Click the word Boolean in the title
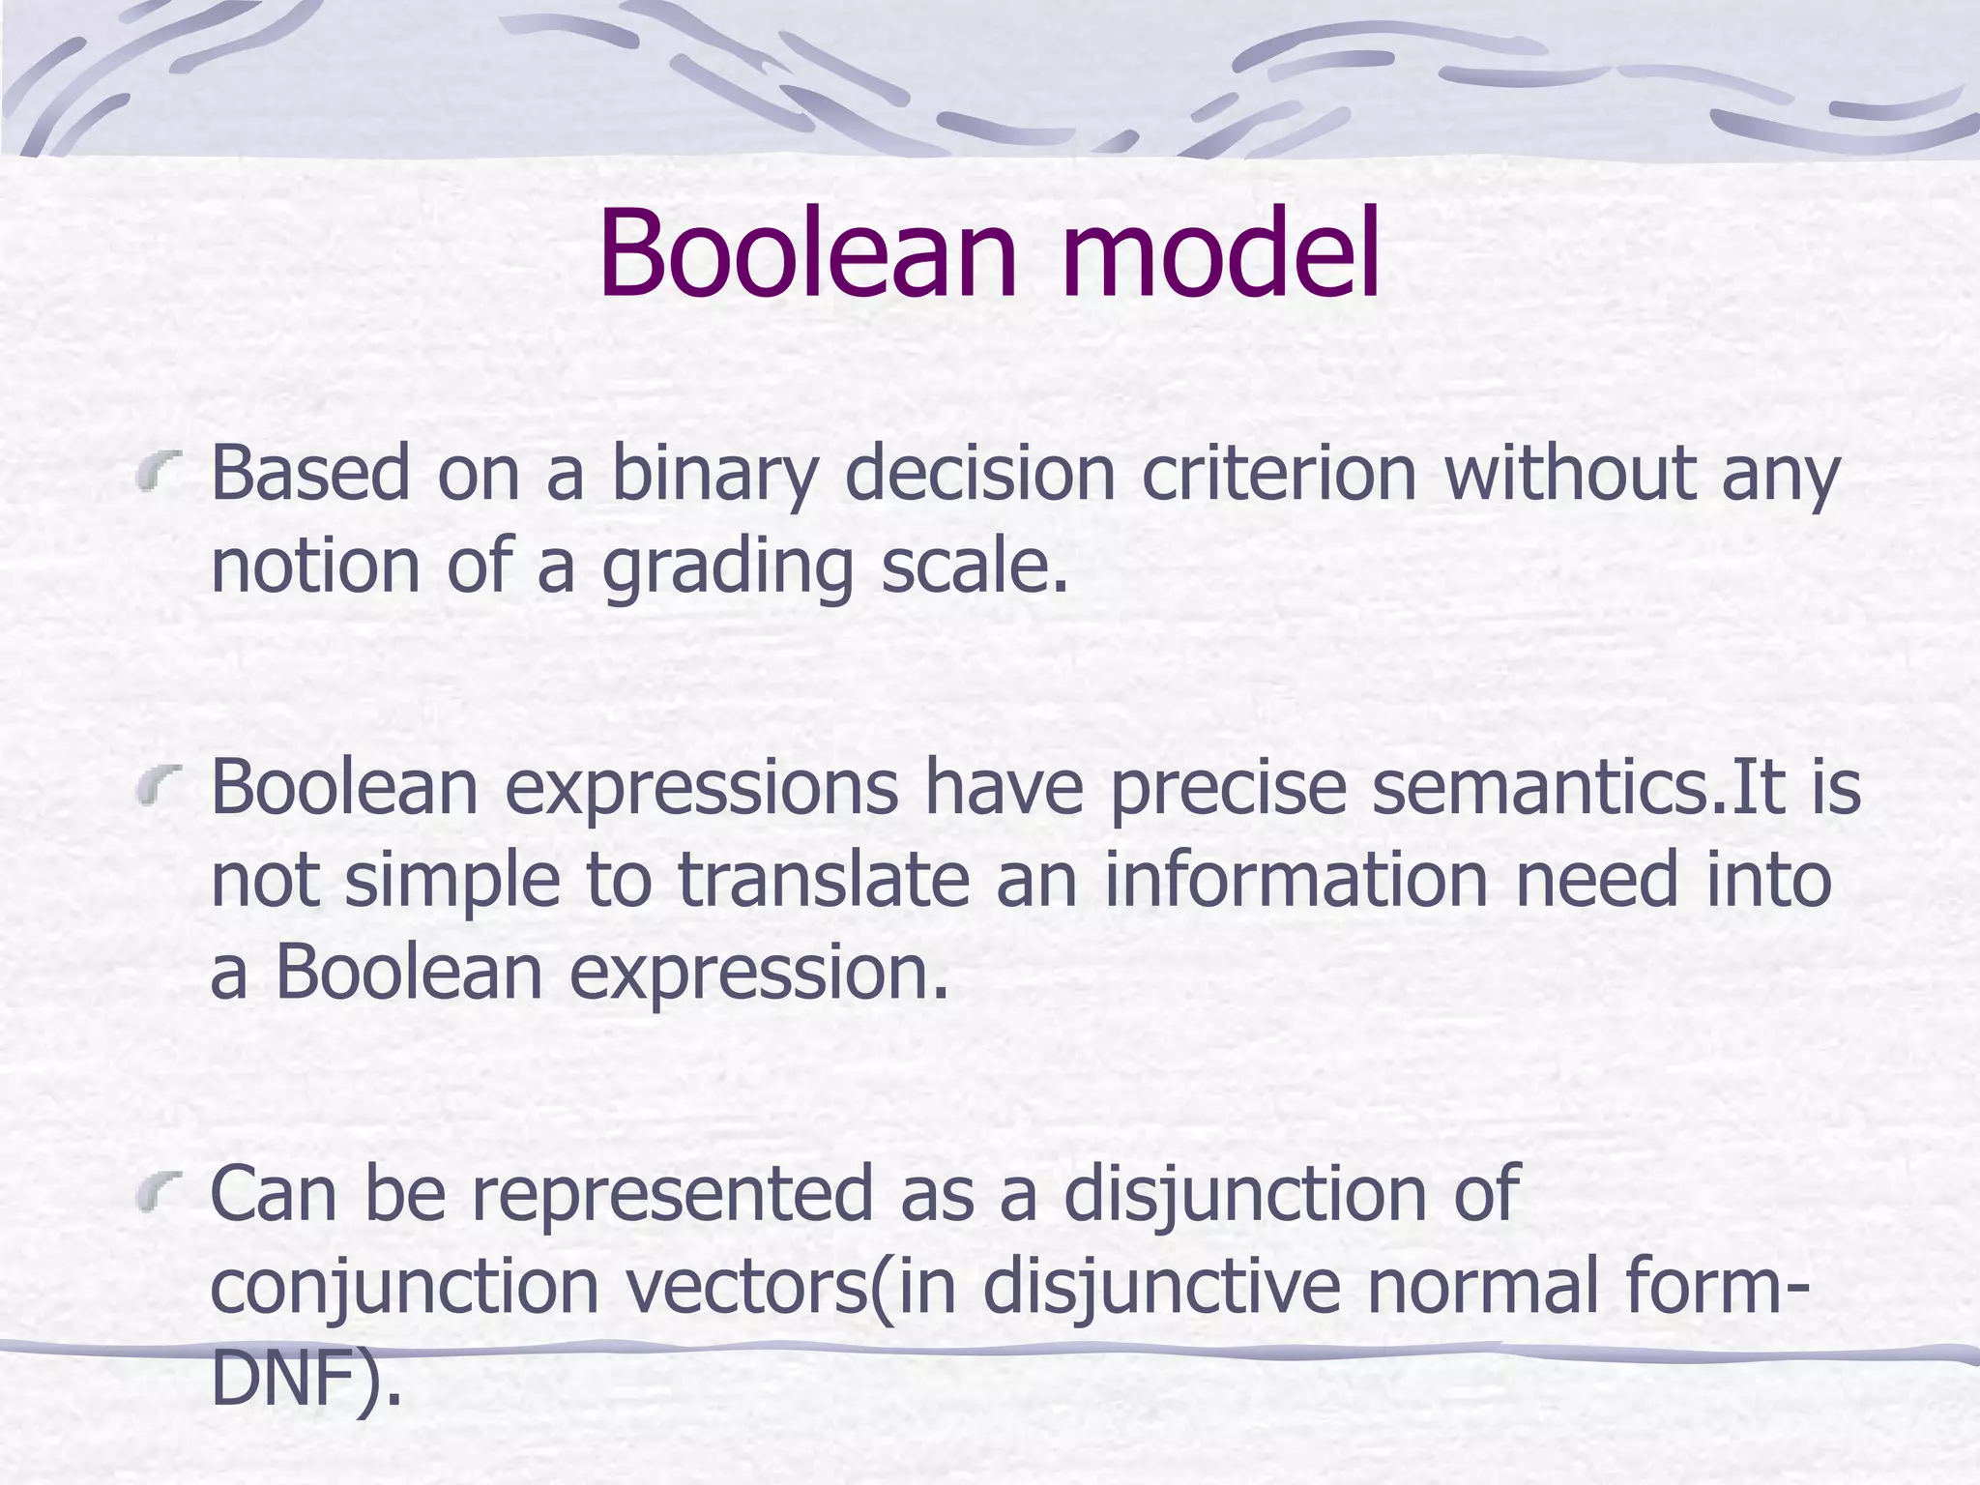pyautogui.click(x=808, y=254)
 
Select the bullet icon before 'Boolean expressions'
pyautogui.click(x=159, y=785)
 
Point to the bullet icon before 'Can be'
pyautogui.click(x=159, y=1192)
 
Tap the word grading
pyautogui.click(x=727, y=568)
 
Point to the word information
pyautogui.click(x=1296, y=880)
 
